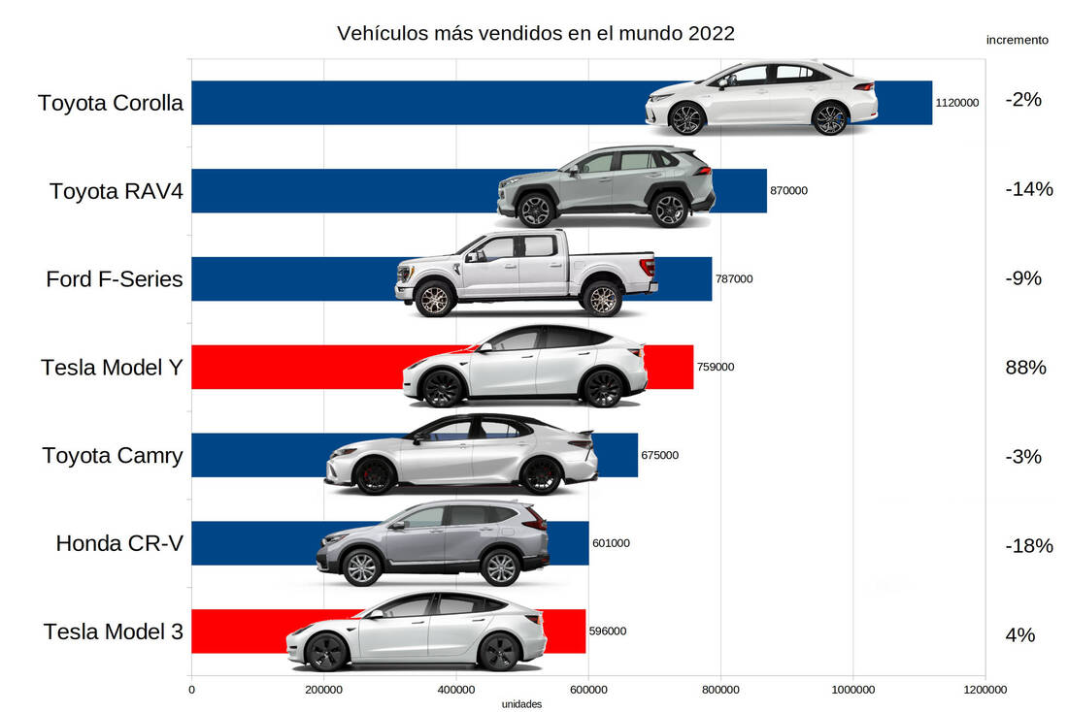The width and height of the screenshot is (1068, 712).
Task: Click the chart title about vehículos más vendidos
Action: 535,33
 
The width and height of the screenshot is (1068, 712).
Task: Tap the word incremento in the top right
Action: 1017,40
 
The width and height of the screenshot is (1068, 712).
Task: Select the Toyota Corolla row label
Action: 111,103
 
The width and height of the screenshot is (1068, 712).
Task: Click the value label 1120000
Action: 957,102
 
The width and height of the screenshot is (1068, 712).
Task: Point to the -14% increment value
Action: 1029,189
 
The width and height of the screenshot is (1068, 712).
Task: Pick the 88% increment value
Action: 1025,368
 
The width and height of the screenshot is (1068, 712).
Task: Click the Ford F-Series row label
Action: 115,279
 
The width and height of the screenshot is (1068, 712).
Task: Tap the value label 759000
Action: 716,367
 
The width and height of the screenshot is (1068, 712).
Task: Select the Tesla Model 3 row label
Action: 113,631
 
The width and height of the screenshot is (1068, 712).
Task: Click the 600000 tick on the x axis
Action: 587,690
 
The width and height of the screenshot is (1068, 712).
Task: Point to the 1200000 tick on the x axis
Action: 985,690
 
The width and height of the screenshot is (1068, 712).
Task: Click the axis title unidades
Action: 521,704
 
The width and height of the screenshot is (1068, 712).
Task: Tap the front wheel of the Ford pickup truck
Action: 434,299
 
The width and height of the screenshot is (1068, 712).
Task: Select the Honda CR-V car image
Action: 432,543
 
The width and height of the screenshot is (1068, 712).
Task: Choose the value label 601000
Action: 611,543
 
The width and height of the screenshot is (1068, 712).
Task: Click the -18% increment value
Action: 1029,545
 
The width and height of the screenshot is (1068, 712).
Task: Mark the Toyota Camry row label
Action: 113,455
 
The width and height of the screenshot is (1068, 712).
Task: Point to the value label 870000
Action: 788,191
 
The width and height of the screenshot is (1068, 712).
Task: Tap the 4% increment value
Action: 1020,635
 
